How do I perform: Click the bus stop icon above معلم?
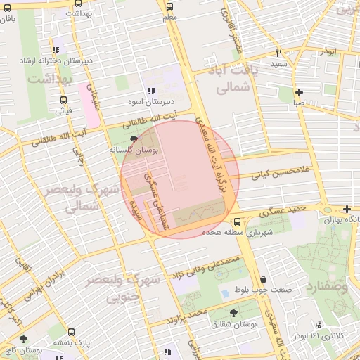169,6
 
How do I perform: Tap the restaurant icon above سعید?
279,53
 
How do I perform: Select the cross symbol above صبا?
300,92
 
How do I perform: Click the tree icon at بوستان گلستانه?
134,140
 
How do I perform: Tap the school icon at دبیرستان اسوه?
151,91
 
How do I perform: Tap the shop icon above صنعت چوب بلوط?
263,279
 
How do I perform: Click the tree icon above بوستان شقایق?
233,314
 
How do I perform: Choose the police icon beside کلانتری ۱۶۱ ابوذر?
319,325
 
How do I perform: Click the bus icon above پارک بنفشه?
71,333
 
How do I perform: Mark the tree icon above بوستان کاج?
23,339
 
